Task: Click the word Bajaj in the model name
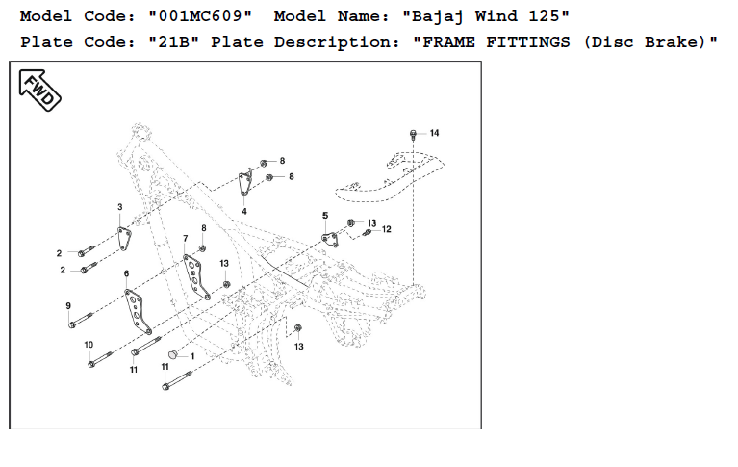tap(439, 16)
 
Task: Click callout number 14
tap(434, 133)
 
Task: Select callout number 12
tap(387, 229)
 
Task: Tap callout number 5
tap(325, 215)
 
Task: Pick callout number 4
tap(244, 211)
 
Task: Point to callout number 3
tap(120, 207)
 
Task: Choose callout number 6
tap(126, 274)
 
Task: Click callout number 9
tap(68, 305)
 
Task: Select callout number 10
tap(89, 344)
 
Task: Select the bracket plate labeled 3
tap(124, 239)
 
